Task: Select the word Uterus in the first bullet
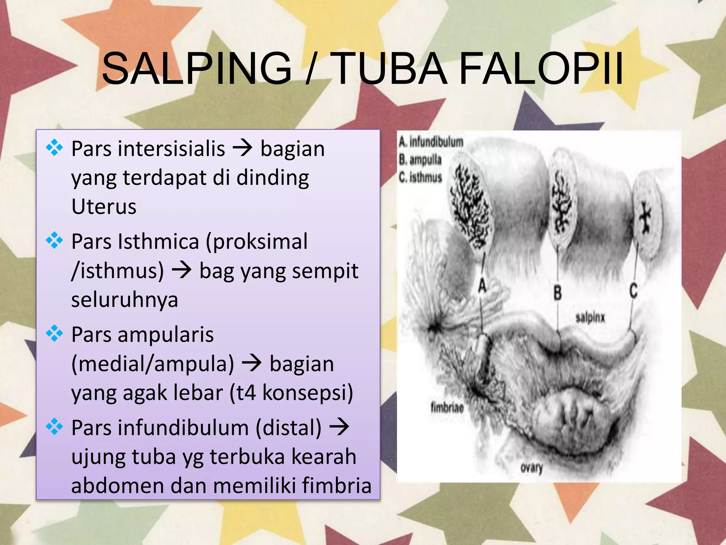click(x=104, y=207)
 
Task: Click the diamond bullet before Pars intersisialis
click(x=54, y=148)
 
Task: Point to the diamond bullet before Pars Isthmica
click(x=54, y=241)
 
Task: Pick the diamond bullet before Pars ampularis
click(x=54, y=334)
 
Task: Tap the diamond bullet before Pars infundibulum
click(x=54, y=426)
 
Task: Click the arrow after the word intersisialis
click(x=242, y=148)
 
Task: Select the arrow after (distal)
click(x=339, y=427)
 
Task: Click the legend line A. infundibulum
click(x=431, y=142)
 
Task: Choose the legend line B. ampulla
click(x=420, y=160)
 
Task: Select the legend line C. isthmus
click(x=420, y=177)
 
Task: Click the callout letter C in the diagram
click(x=633, y=291)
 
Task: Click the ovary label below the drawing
click(x=531, y=468)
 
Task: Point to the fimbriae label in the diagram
click(x=447, y=407)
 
